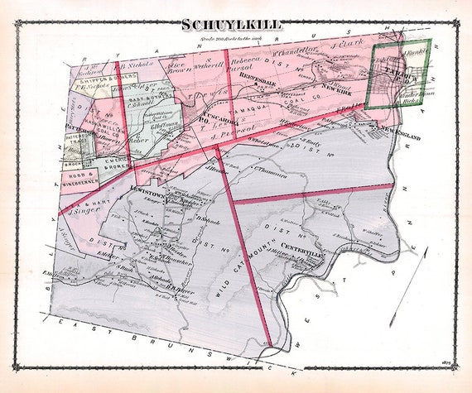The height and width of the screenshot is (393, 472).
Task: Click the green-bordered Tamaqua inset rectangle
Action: click(401, 74)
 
